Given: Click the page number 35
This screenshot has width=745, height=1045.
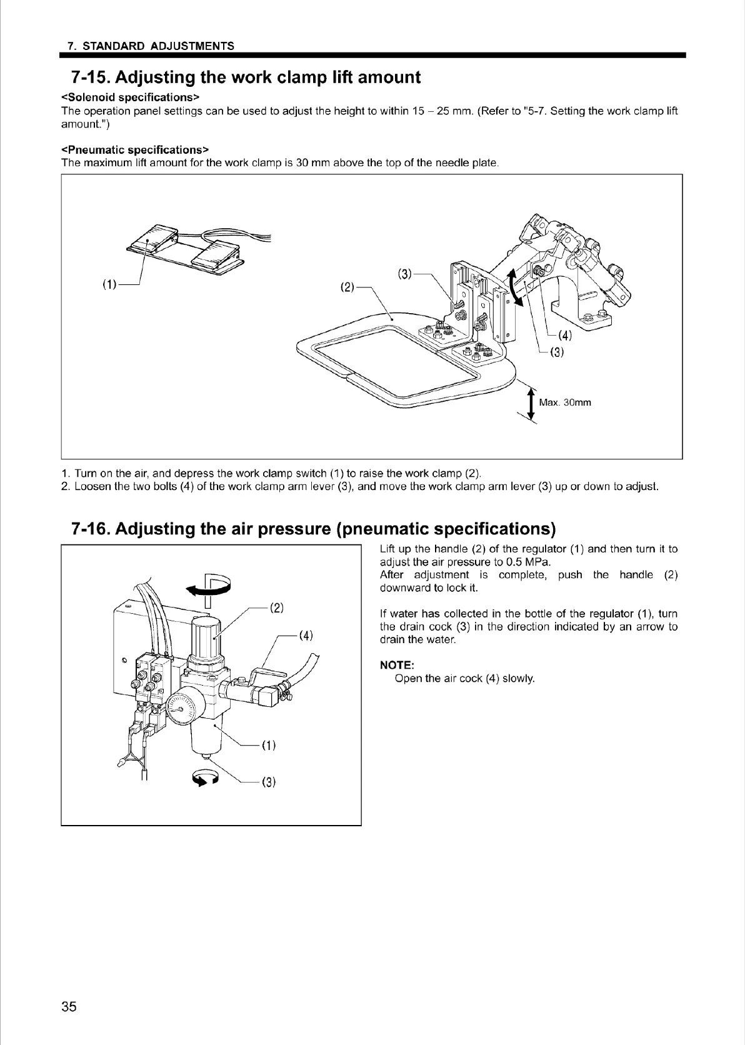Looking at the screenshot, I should click(x=69, y=1006).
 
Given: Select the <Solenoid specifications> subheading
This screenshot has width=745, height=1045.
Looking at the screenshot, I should click(x=130, y=97).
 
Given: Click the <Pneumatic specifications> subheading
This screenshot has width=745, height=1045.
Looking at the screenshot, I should click(x=134, y=150).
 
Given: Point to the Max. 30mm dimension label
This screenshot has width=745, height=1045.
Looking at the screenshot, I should click(x=564, y=402).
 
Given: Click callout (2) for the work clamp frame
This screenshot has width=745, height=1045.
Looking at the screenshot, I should click(x=347, y=287).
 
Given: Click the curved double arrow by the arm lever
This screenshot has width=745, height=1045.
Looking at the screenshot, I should click(x=513, y=286).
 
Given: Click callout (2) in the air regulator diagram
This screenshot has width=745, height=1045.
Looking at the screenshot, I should click(x=277, y=607).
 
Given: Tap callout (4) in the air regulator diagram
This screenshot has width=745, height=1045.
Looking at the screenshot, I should click(x=306, y=636).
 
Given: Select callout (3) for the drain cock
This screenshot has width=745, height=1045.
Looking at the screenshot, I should click(x=269, y=782).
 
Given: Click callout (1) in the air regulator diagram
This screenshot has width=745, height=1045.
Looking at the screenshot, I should click(x=269, y=745).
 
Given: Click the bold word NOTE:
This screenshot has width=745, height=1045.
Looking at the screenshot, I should click(x=397, y=665).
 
